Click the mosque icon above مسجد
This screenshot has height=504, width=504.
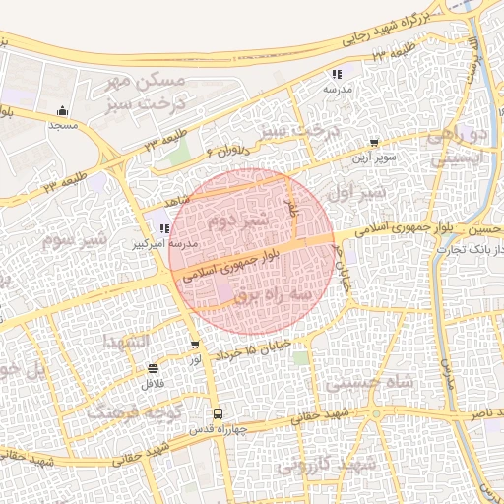[64, 110]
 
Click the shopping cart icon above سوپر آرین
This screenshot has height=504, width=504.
[373, 143]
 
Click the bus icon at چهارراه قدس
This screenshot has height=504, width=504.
[218, 414]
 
